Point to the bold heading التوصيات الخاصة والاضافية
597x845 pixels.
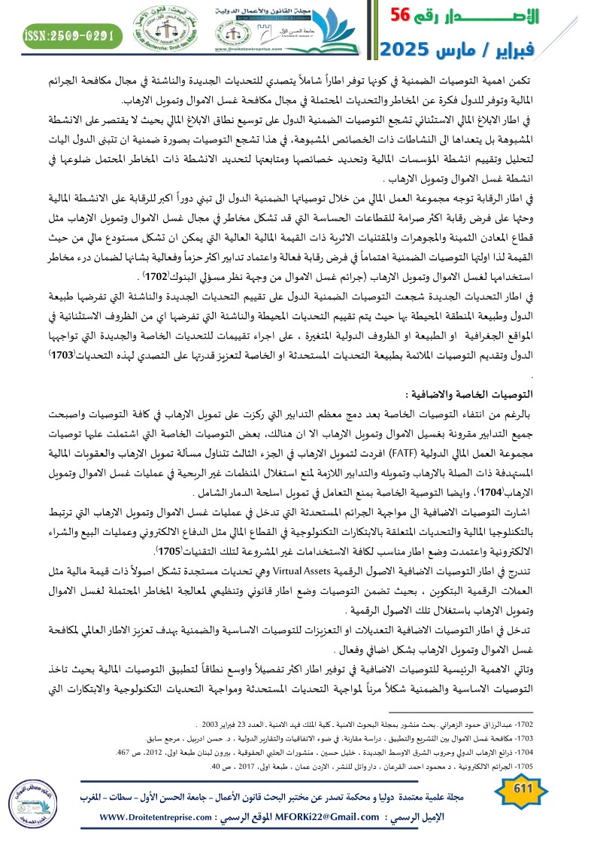[x=470, y=394]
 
